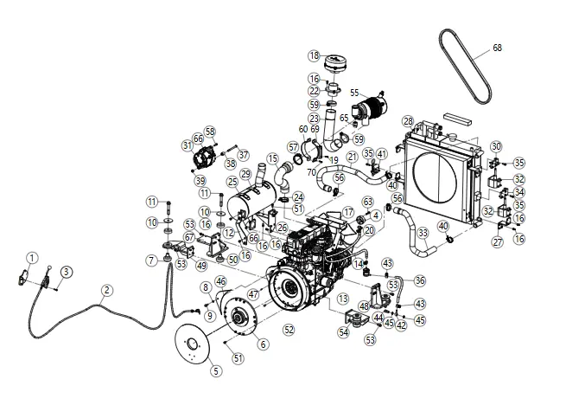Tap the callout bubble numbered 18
coord(314,55)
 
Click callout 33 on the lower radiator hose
coord(423,232)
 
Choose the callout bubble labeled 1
coord(31,257)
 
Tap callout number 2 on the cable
coord(106,290)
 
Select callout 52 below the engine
coord(289,329)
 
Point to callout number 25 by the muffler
coord(232,182)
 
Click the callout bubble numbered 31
coord(187,145)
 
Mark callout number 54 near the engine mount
coord(343,331)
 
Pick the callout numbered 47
coord(253,294)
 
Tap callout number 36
coord(420,280)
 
